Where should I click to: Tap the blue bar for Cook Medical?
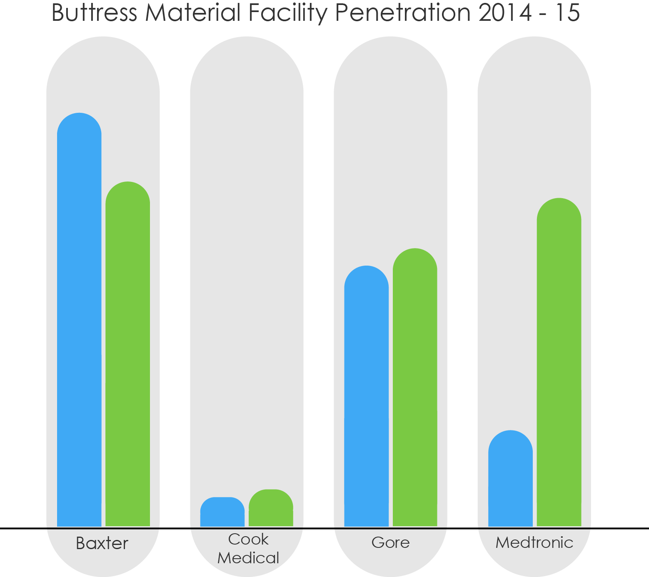[222, 513]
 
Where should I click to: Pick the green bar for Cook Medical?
[271, 509]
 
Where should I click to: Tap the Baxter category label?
[102, 543]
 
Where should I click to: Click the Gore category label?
[391, 542]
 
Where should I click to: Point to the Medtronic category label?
[534, 542]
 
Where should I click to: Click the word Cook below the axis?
[248, 539]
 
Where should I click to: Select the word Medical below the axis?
[248, 558]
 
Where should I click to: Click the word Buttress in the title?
[94, 13]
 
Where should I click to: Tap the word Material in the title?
[193, 13]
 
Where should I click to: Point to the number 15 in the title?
[568, 13]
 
